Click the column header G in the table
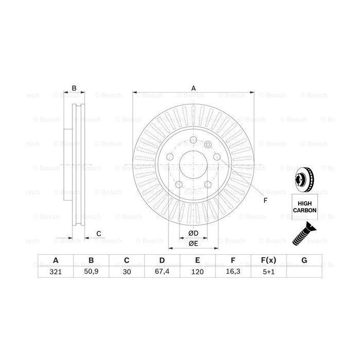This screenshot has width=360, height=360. (x=304, y=261)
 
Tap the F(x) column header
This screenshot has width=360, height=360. (x=269, y=261)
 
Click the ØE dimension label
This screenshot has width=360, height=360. (x=193, y=243)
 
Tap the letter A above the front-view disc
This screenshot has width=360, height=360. (x=194, y=88)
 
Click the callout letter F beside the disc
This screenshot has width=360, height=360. (x=265, y=201)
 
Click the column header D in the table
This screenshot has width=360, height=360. (x=162, y=261)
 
